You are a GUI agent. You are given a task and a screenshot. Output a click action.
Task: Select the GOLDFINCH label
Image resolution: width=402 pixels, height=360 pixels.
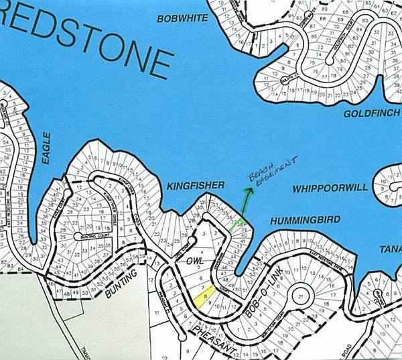371,114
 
